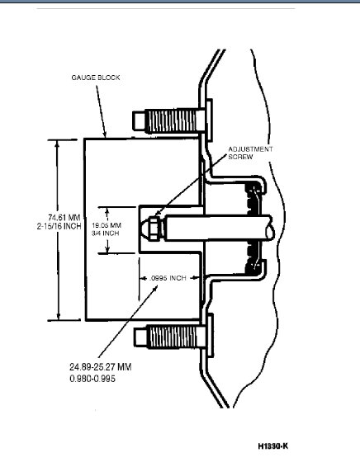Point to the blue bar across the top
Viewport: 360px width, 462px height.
click(180, 3)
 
